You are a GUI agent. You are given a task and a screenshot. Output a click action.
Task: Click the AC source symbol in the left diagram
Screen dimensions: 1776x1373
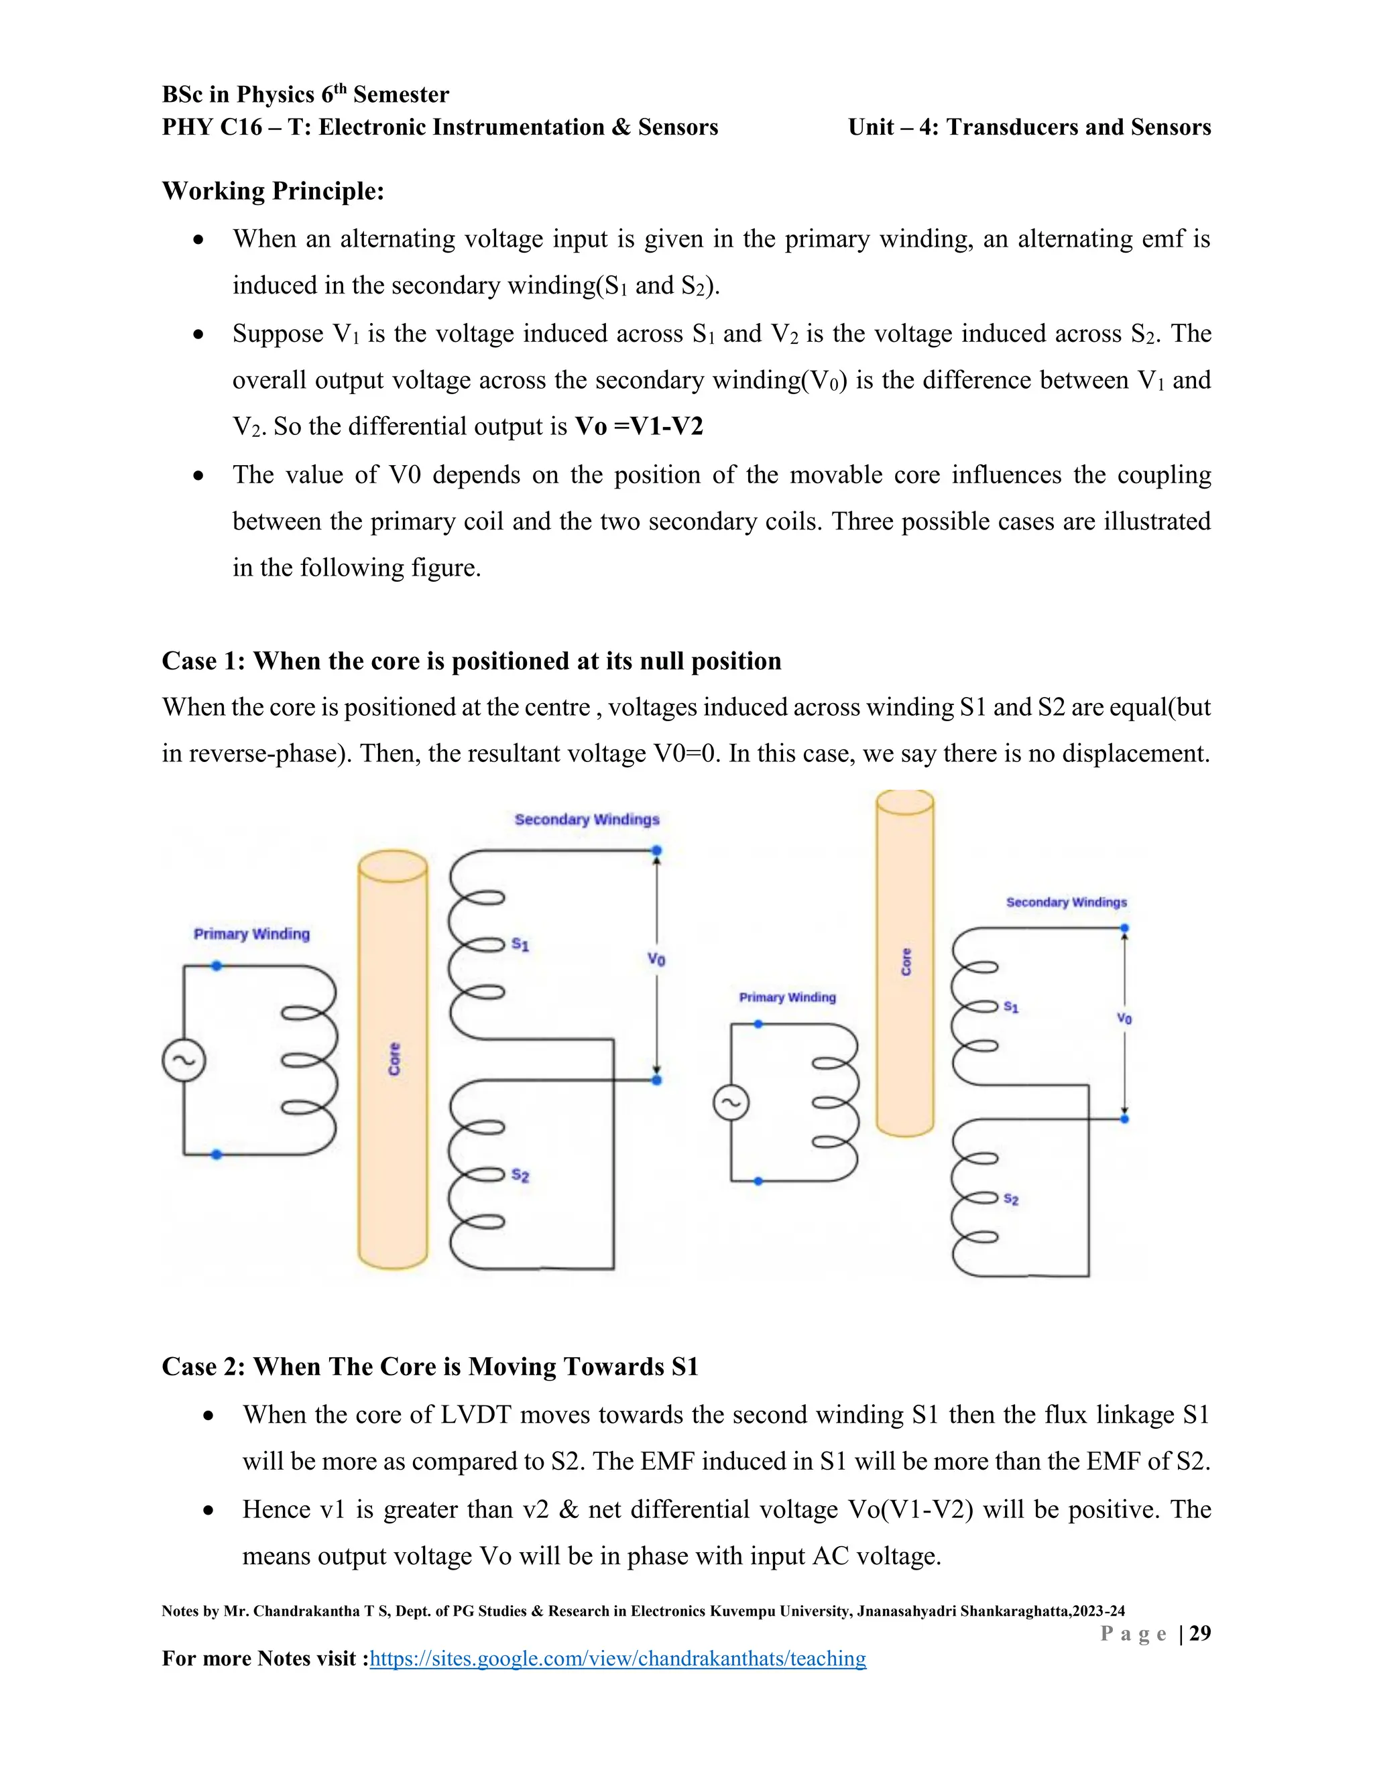[x=184, y=1060]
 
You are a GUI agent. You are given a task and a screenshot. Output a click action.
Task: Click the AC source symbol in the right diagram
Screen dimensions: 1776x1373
[x=731, y=1102]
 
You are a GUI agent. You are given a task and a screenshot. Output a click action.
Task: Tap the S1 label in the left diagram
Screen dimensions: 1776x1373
[x=520, y=944]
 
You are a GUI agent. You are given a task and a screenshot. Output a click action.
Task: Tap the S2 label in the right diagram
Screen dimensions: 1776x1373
[x=1011, y=1199]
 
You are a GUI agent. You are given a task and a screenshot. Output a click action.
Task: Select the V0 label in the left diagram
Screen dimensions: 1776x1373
[x=656, y=959]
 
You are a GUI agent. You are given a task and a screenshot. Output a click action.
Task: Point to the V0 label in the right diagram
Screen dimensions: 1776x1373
[x=1124, y=1018]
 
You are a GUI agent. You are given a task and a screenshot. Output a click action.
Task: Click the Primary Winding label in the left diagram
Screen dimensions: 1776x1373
[x=251, y=934]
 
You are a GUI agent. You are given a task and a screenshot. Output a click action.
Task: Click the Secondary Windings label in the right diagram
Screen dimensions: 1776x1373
[x=1067, y=902]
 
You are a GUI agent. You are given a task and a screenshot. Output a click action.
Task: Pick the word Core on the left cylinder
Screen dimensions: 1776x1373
[x=394, y=1059]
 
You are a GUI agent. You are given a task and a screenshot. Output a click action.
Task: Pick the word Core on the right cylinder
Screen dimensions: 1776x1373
[x=906, y=962]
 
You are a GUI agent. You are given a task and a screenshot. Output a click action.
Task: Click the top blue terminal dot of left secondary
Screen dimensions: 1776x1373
[x=656, y=850]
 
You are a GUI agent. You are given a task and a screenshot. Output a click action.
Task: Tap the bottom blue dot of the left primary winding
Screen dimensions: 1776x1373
[x=217, y=1154]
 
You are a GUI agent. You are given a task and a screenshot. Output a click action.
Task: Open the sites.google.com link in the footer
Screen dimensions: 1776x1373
[x=617, y=1658]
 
